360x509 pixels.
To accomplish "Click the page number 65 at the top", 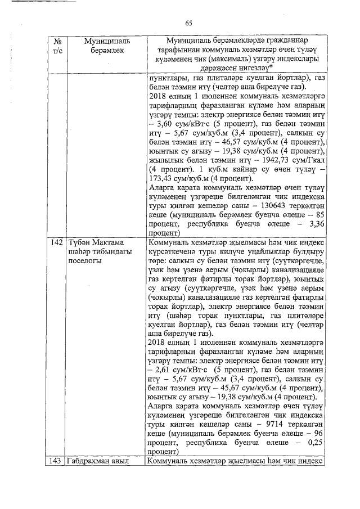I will pos(188,23).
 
